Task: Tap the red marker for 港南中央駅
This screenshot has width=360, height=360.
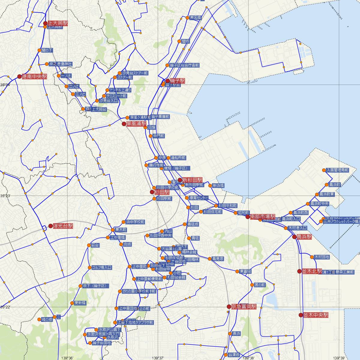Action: (x=20, y=76)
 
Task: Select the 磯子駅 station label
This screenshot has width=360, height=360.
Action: (x=178, y=81)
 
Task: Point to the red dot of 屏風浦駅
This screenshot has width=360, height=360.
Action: (x=124, y=124)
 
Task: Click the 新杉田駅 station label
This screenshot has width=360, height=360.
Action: (x=192, y=180)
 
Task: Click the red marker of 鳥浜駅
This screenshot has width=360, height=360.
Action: (x=295, y=237)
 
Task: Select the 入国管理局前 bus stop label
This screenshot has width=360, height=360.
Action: (x=337, y=170)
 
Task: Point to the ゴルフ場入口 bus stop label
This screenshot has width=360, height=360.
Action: (x=102, y=267)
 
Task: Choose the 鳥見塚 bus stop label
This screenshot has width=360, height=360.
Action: (x=217, y=259)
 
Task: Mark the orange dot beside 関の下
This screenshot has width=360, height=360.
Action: (x=39, y=50)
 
